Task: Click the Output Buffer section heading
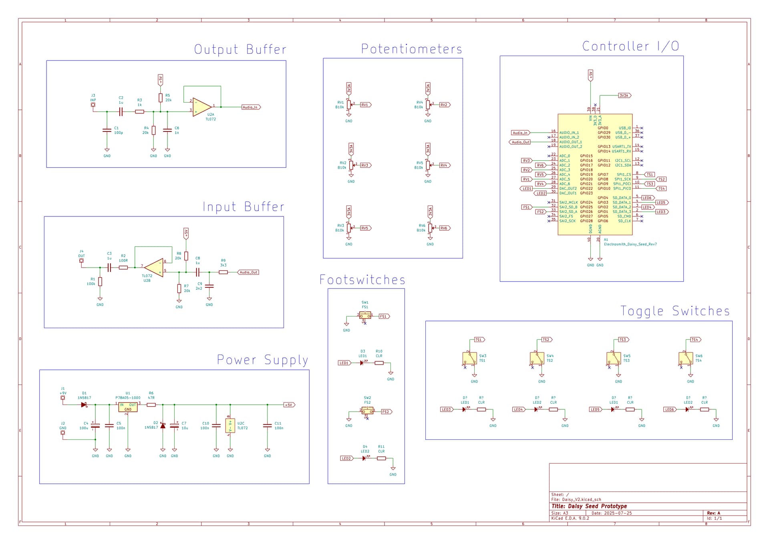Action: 240,49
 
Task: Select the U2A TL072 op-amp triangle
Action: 202,107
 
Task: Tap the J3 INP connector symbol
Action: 93,105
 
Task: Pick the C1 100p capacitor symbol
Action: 107,130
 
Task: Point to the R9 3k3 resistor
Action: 223,272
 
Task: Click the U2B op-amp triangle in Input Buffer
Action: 154,267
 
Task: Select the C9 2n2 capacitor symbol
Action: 209,286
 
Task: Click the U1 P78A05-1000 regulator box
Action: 128,407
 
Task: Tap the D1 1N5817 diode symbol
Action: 84,405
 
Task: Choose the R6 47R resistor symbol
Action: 151,405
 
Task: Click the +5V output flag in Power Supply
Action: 289,405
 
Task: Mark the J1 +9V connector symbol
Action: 63,398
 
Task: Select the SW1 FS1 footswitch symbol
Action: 365,316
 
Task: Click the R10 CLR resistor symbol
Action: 379,363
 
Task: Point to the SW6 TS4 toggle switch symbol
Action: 685,358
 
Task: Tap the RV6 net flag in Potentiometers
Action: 444,228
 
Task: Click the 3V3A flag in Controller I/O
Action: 624,96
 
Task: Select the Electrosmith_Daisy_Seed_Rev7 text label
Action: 630,244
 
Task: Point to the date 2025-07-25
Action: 618,513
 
